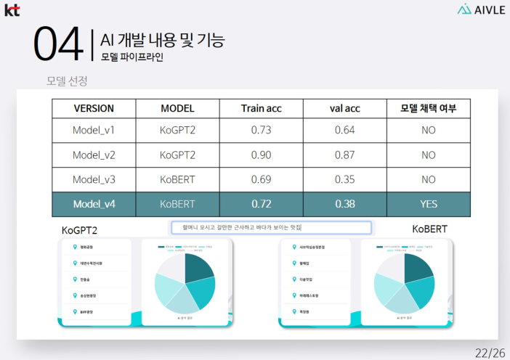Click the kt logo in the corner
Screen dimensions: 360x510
tap(12, 9)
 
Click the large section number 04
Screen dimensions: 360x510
tap(57, 45)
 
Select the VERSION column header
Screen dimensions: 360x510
tap(94, 108)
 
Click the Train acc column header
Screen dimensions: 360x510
tap(261, 108)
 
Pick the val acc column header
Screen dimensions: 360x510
tap(344, 108)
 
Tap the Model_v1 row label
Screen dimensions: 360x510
tap(94, 131)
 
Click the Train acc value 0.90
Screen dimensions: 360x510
tap(261, 155)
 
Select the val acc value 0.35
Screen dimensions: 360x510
tap(344, 179)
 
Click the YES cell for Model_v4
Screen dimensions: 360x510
tap(428, 204)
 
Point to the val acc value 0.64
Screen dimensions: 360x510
tap(344, 131)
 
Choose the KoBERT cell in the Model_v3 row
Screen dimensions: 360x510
tap(177, 179)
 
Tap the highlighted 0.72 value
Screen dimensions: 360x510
tap(261, 204)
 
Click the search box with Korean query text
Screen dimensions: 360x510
tap(270, 228)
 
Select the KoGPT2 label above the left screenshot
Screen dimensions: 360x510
tap(79, 230)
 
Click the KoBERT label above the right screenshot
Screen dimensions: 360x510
tap(429, 229)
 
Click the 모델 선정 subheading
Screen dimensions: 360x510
tap(67, 80)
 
